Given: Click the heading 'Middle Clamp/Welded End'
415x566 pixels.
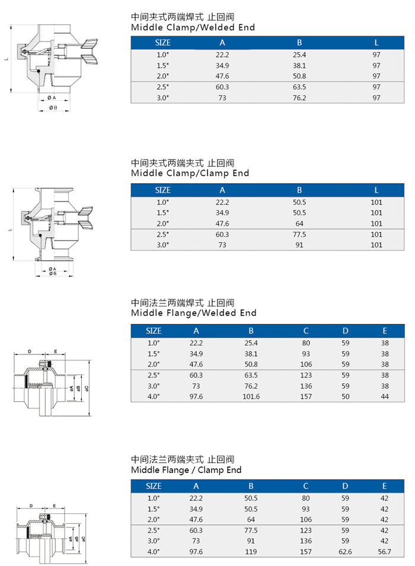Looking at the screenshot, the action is tap(193, 27).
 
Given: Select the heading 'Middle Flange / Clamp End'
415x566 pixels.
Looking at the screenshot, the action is tap(186, 470).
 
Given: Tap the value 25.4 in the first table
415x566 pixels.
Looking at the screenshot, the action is tap(299, 55).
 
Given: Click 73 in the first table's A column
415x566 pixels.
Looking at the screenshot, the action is tap(222, 98).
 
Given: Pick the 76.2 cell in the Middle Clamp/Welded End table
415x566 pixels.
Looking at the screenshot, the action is tap(299, 98).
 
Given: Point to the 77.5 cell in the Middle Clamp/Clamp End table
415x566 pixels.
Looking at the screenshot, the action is tap(299, 235).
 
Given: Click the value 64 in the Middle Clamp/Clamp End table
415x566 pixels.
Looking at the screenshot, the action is tap(299, 224).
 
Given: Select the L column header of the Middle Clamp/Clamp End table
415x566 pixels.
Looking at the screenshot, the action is tap(376, 190).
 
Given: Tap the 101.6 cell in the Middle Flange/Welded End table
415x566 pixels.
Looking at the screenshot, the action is tap(251, 396).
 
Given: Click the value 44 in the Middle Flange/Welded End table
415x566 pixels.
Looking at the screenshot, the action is tap(385, 396).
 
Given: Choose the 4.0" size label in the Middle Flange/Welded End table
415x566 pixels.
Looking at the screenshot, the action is tap(153, 396).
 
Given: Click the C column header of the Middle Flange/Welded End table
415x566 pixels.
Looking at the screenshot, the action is tap(306, 331).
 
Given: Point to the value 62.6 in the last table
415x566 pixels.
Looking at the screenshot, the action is tap(345, 552).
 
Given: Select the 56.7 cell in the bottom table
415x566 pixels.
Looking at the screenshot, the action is tap(385, 552).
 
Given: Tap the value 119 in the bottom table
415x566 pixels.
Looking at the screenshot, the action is tap(251, 552).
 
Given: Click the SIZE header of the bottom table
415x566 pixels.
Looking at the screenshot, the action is tap(154, 486).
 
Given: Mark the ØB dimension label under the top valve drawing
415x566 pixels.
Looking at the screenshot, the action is tap(53, 107).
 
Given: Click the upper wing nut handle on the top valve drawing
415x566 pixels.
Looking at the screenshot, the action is tap(90, 44).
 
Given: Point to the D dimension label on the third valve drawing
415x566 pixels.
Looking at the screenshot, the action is tap(30, 351).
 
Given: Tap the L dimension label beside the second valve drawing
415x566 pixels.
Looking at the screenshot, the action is tap(11, 229).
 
